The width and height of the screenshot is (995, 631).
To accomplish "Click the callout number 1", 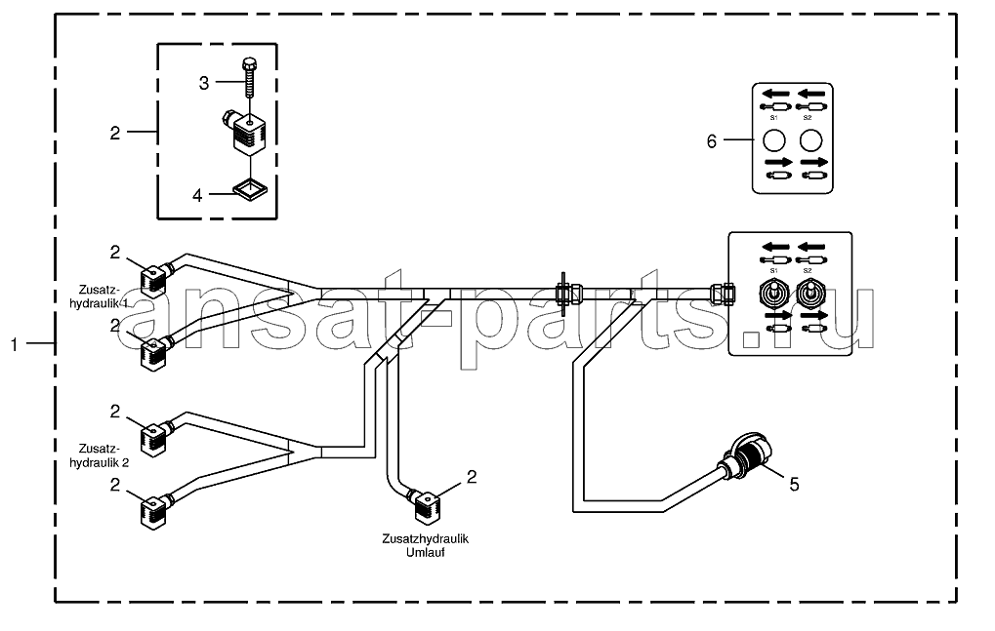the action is [14, 344].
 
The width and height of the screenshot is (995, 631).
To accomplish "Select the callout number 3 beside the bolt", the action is [204, 83].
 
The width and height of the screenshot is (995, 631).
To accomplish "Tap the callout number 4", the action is [197, 196].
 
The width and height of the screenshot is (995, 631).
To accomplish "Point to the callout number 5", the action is [794, 485].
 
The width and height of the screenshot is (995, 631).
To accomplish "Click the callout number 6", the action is [712, 141].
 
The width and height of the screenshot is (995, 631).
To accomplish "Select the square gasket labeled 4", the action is [250, 189].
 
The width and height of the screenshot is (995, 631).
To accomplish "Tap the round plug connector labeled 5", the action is [749, 456].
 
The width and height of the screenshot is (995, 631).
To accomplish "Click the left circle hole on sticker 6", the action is [774, 140].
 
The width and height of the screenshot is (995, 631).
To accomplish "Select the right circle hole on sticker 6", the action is [810, 140].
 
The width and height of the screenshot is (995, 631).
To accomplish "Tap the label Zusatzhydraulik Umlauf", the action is [425, 545].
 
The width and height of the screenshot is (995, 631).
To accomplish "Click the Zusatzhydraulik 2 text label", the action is [99, 455].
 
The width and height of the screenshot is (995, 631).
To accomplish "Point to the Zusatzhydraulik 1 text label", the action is [99, 296].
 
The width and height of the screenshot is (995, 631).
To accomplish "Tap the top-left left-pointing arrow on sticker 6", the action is [775, 94].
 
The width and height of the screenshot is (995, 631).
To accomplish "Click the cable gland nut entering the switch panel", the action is [723, 294].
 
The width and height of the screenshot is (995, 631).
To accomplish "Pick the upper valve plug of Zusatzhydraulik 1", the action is [155, 279].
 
